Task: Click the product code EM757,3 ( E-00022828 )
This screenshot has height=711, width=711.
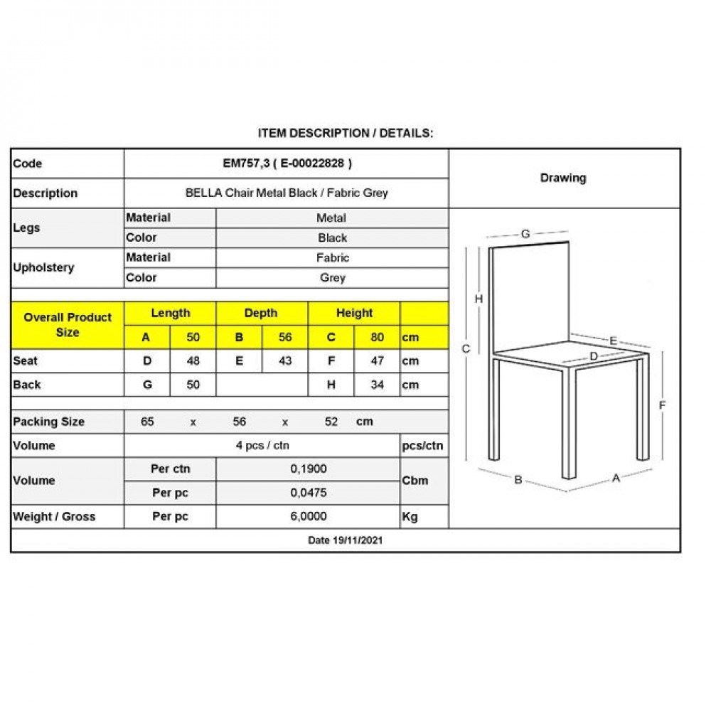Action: [x=287, y=164]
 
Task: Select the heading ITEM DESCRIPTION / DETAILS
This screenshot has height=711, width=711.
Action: [x=345, y=133]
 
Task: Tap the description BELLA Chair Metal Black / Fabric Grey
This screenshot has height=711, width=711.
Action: [x=287, y=193]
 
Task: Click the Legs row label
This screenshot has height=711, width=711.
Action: [x=27, y=228]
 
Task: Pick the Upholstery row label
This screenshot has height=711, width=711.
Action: [x=43, y=268]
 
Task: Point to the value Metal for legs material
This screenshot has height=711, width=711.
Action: [x=332, y=218]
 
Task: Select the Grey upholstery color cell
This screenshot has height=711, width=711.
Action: [x=332, y=278]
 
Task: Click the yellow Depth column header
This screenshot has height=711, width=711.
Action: [x=261, y=313]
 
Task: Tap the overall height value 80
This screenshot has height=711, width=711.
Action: [x=378, y=337]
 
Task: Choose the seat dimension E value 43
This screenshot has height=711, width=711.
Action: [x=285, y=360]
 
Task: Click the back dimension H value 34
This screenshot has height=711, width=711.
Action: [x=378, y=385]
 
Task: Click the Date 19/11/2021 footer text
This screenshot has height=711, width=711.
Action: [x=346, y=540]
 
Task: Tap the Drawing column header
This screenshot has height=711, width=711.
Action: [x=563, y=178]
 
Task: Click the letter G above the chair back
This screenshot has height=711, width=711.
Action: [x=525, y=233]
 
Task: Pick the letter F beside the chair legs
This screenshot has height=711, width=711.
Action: [x=662, y=405]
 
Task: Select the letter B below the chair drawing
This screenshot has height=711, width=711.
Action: [x=518, y=480]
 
